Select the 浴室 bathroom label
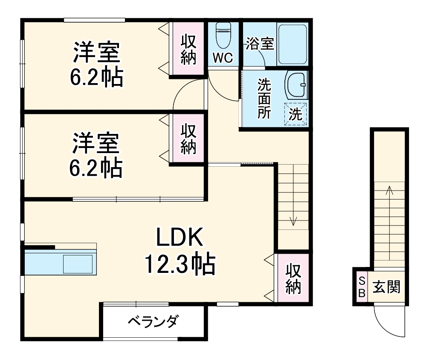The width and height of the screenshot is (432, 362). pyautogui.click(x=259, y=44)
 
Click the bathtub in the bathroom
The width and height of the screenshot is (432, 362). pyautogui.click(x=292, y=44)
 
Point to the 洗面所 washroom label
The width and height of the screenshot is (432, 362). pyautogui.click(x=264, y=98)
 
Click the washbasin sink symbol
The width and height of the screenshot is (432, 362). pyautogui.click(x=296, y=84)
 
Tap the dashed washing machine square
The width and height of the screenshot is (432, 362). pyautogui.click(x=296, y=114)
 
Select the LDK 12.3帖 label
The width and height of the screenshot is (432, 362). pyautogui.click(x=179, y=252)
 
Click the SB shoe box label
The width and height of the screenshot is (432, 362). pyautogui.click(x=361, y=287)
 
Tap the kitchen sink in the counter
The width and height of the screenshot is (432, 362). pyautogui.click(x=78, y=264)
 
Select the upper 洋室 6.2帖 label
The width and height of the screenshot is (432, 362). pyautogui.click(x=96, y=64)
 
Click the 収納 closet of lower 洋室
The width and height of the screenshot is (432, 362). pyautogui.click(x=188, y=139)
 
